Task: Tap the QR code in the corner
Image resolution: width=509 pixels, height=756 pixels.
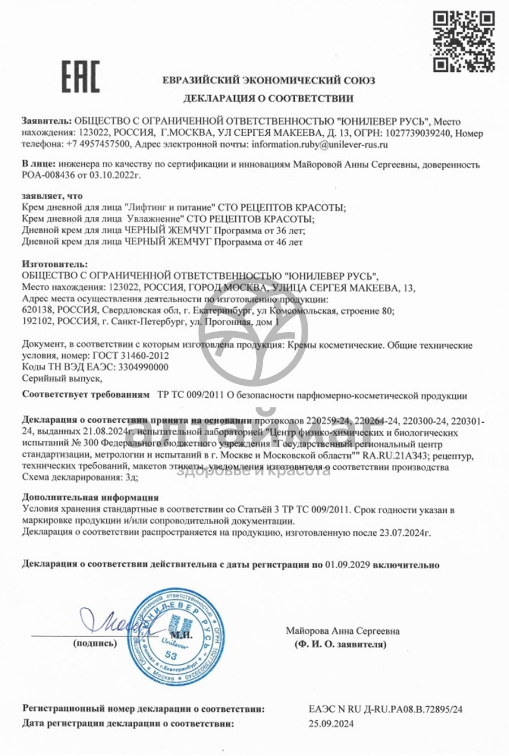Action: pyautogui.click(x=464, y=41)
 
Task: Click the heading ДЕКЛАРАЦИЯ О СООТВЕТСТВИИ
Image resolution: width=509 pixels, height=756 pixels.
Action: pyautogui.click(x=268, y=98)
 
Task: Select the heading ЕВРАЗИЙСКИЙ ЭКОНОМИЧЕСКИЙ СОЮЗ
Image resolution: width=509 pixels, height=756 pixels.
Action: pyautogui.click(x=268, y=80)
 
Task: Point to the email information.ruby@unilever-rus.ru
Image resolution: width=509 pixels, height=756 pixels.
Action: pyautogui.click(x=320, y=145)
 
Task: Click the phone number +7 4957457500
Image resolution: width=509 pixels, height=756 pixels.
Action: pyautogui.click(x=99, y=145)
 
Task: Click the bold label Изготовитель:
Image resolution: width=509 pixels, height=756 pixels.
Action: pyautogui.click(x=55, y=264)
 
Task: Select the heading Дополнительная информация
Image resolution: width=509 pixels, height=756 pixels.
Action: pyautogui.click(x=90, y=498)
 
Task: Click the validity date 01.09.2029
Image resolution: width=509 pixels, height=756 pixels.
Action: pyautogui.click(x=348, y=565)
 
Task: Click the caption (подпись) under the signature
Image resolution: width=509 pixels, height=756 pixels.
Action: pyautogui.click(x=95, y=643)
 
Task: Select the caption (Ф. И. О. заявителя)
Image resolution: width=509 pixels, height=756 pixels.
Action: pyautogui.click(x=340, y=645)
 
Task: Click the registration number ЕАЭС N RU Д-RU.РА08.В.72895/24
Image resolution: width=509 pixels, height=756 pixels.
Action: pyautogui.click(x=386, y=709)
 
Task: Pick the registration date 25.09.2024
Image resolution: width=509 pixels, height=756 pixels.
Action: pyautogui.click(x=331, y=724)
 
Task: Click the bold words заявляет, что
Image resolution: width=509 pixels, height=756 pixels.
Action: pyautogui.click(x=52, y=196)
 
